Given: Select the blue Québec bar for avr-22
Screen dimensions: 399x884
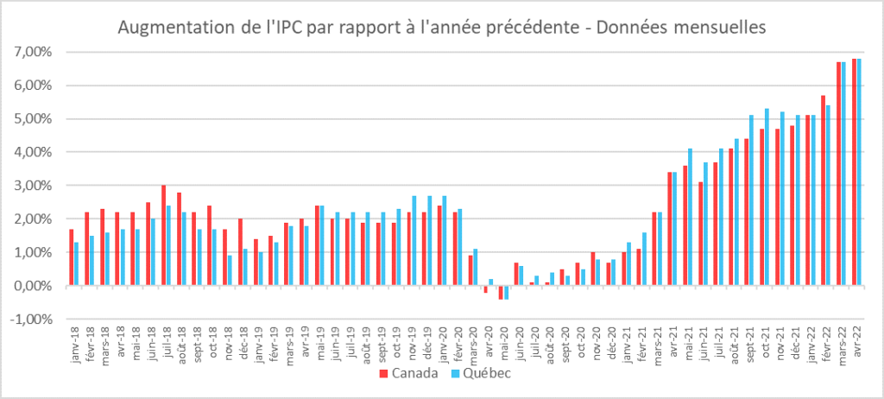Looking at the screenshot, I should pos(859,172).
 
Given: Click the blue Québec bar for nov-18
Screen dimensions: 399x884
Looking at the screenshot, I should pos(230,270).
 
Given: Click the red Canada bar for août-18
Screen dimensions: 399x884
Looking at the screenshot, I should pos(179,238).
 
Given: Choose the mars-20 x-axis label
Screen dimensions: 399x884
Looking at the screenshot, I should pos(472,340).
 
